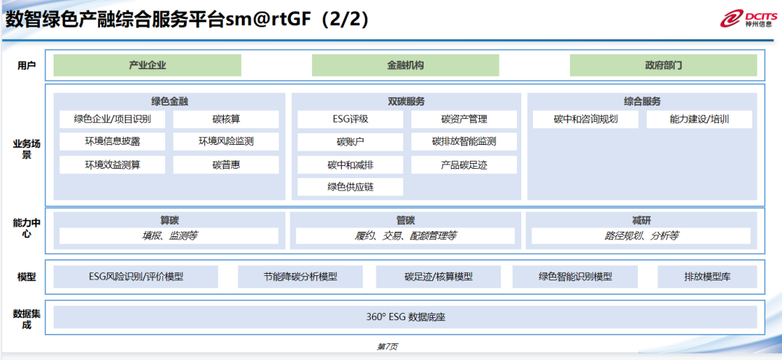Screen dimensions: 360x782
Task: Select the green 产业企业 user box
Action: point(147,65)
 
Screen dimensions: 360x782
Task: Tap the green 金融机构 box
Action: point(405,65)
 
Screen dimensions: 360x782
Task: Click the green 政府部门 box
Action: point(663,65)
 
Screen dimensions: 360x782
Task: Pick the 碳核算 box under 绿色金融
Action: point(226,120)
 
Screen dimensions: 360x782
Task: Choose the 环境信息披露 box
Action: point(112,142)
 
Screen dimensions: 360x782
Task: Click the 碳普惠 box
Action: point(226,165)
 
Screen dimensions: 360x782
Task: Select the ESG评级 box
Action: point(350,120)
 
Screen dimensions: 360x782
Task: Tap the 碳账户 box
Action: point(350,142)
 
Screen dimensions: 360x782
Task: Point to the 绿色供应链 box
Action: point(350,188)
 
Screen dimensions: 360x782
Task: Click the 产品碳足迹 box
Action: point(464,165)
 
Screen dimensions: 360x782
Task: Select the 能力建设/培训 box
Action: point(699,120)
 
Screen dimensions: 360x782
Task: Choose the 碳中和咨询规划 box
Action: point(586,120)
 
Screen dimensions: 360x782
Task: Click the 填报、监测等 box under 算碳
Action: point(169,236)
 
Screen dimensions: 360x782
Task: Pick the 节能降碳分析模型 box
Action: point(300,277)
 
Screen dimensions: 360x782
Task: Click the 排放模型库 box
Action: point(707,277)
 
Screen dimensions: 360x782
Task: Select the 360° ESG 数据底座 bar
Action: point(405,317)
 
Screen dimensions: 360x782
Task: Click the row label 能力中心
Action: point(27,228)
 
